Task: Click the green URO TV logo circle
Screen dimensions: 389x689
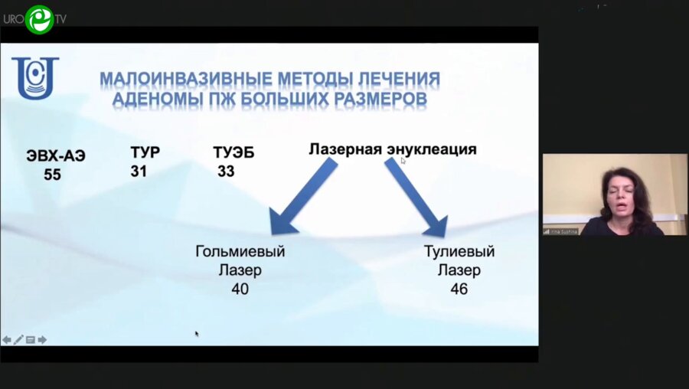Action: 39,19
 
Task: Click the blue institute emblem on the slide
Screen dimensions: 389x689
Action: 34,78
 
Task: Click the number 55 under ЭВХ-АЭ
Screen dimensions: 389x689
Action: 52,175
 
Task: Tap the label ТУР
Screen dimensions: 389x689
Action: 145,152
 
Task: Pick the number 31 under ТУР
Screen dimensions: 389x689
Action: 139,172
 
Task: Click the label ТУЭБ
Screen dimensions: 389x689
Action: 233,153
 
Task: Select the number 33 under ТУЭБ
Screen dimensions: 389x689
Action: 226,172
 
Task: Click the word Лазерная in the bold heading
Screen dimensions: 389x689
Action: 344,149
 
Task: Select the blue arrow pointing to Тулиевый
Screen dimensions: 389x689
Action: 417,198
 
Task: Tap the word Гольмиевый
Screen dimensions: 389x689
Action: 240,251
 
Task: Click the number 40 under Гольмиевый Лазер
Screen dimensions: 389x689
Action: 240,289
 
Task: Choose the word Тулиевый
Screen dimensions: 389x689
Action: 459,251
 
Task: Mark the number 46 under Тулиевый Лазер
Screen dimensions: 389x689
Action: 459,289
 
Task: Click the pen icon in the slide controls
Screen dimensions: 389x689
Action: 18,339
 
